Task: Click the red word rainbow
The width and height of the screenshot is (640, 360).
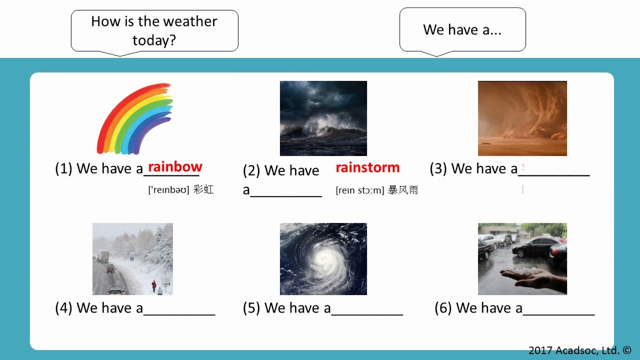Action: point(175,167)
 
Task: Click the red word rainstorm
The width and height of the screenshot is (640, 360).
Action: point(367,167)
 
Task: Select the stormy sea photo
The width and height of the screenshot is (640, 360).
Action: point(323,118)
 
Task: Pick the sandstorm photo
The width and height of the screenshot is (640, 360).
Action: point(522,118)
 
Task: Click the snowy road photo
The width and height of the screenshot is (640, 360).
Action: point(132,259)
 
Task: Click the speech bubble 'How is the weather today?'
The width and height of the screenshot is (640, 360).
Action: point(154,30)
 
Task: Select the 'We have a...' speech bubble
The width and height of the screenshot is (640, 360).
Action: point(462,29)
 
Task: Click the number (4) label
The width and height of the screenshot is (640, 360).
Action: point(64,308)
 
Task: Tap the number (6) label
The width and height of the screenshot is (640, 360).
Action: point(443,308)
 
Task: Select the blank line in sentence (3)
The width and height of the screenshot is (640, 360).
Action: point(554,174)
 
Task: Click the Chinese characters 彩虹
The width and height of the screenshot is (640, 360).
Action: point(203,190)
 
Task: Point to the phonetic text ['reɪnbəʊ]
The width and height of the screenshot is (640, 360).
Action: point(168,190)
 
